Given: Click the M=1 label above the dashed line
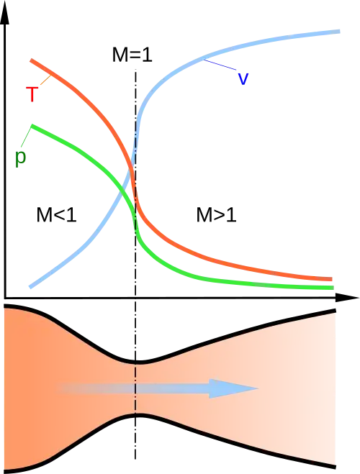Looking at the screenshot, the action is (132, 55).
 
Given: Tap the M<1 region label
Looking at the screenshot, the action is (57, 215).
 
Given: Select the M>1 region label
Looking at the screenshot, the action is (216, 215).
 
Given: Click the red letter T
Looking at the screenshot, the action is (32, 94).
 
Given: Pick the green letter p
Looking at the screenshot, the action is (21, 158).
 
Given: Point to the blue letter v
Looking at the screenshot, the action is (243, 78).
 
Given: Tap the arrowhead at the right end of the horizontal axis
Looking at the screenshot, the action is (347, 298).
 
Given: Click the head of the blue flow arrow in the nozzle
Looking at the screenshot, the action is (233, 388).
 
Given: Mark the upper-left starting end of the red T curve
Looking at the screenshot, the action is (31, 60).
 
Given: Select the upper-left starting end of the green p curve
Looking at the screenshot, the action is (32, 126).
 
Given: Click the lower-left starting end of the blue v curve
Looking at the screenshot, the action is (30, 286).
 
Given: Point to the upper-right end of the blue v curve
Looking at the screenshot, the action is (339, 32).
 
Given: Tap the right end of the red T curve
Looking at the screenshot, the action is (332, 279).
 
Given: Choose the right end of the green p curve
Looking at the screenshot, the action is (333, 288).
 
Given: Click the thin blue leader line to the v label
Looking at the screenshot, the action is (220, 65).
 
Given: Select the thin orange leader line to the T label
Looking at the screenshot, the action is (45, 80).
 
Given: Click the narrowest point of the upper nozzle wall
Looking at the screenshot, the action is (136, 362).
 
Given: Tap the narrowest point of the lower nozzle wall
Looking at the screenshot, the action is (136, 415).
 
